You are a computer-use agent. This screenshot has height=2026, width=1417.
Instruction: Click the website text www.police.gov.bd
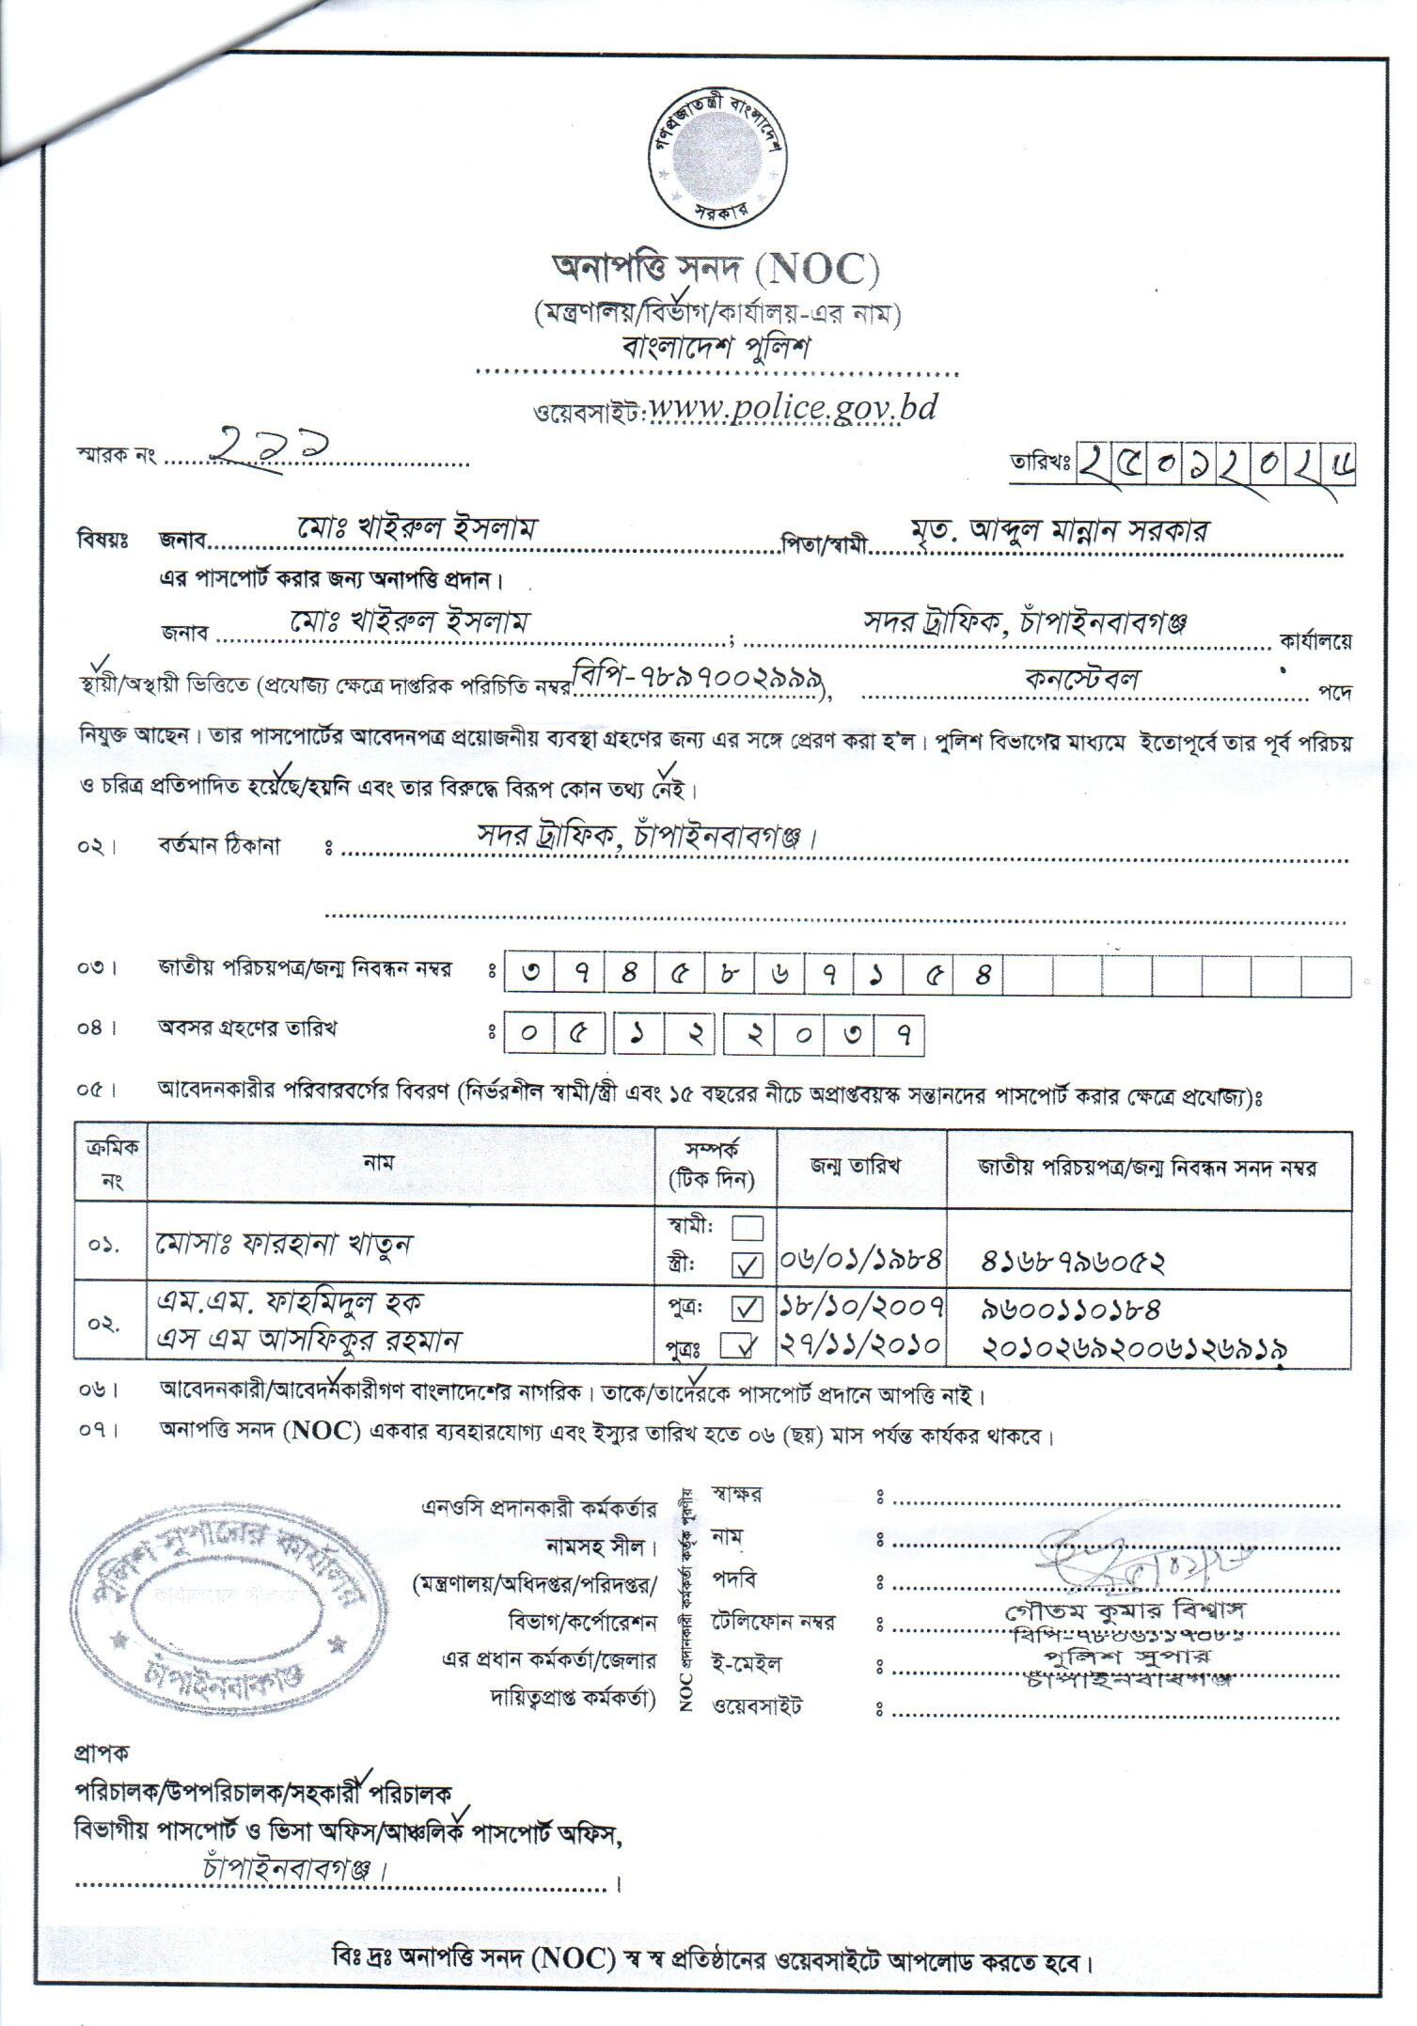click(792, 409)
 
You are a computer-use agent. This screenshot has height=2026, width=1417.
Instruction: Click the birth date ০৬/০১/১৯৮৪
click(862, 1260)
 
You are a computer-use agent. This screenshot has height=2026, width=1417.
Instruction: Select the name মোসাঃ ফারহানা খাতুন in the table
click(284, 1245)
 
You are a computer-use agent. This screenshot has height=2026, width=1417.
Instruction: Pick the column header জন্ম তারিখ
click(856, 1167)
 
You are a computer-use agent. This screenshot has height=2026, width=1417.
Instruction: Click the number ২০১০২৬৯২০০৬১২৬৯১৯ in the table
click(1134, 1346)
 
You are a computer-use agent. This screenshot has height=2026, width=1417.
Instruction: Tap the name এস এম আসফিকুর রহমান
click(309, 1340)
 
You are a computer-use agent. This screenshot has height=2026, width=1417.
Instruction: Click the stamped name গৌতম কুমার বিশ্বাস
click(1125, 1609)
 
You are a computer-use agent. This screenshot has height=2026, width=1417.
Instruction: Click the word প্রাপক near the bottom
click(102, 1751)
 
